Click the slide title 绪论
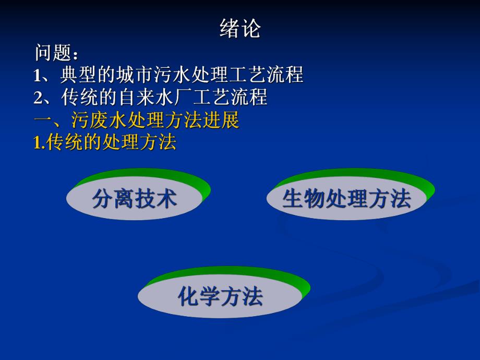coord(239,29)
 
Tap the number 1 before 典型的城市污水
coord(38,76)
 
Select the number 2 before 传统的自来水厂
coord(38,98)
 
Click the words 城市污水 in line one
coord(154,75)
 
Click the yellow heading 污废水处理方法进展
coord(155,121)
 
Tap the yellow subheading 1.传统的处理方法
coord(105,143)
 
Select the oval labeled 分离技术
coord(135,199)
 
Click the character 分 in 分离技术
coord(103,199)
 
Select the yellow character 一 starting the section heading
coord(42,121)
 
